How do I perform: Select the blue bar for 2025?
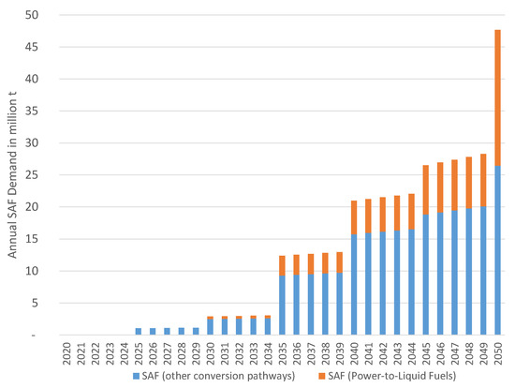(139, 331)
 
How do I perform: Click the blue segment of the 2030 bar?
(211, 327)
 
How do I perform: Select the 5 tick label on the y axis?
(35, 303)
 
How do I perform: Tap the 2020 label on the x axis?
(67, 353)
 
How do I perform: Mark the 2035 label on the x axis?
(282, 353)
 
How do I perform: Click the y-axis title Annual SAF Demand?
(10, 174)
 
